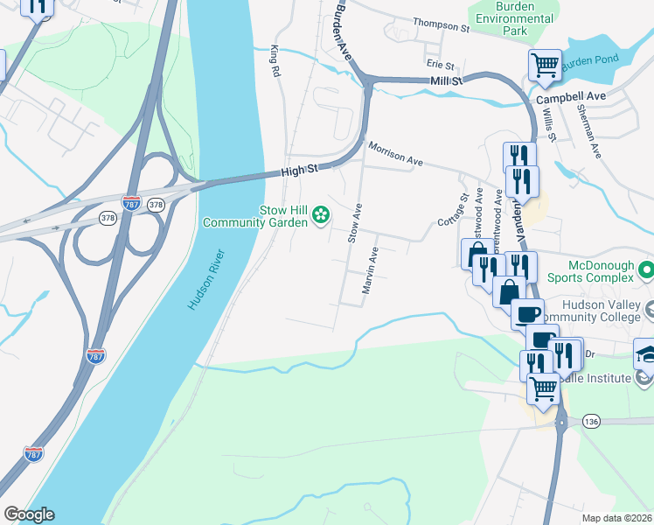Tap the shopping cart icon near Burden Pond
pyautogui.click(x=545, y=64)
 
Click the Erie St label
pyautogui.click(x=441, y=65)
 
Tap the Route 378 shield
pyautogui.click(x=108, y=218)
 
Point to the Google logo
pyautogui.click(x=29, y=514)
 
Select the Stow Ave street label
pyautogui.click(x=355, y=224)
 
